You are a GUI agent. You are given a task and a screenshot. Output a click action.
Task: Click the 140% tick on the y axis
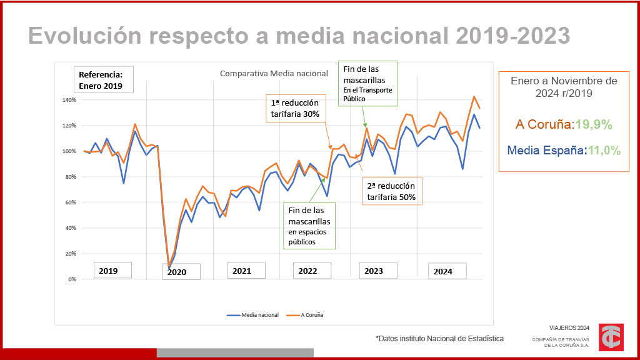click(x=69, y=100)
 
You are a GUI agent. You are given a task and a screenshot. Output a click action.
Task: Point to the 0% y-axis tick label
click(x=71, y=279)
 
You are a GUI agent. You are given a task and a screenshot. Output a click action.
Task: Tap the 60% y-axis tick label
click(x=70, y=202)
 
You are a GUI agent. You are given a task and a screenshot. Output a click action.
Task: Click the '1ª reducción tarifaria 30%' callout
click(x=295, y=109)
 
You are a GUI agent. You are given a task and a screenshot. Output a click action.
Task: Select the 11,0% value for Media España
click(x=603, y=150)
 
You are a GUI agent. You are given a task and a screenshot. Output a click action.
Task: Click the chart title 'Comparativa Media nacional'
click(x=274, y=74)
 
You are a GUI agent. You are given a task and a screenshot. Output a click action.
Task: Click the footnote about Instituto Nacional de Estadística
click(x=439, y=339)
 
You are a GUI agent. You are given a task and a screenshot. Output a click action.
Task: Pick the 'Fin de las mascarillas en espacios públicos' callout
click(x=309, y=226)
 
